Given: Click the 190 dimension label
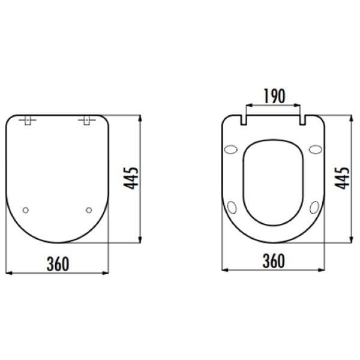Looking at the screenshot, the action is (x=274, y=95).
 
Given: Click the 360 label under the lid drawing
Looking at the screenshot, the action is (x=58, y=264).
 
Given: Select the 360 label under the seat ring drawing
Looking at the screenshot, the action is (x=274, y=261).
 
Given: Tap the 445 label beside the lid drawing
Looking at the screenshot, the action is (x=131, y=178).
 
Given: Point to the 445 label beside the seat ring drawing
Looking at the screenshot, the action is (x=342, y=178).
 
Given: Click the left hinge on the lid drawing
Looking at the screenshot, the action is (x=28, y=120).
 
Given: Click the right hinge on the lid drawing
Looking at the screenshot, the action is (x=87, y=120).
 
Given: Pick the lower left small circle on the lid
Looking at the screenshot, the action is (x=26, y=210).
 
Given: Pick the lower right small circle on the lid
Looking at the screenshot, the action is (x=89, y=210).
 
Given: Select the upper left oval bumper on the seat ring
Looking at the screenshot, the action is (x=231, y=149).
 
